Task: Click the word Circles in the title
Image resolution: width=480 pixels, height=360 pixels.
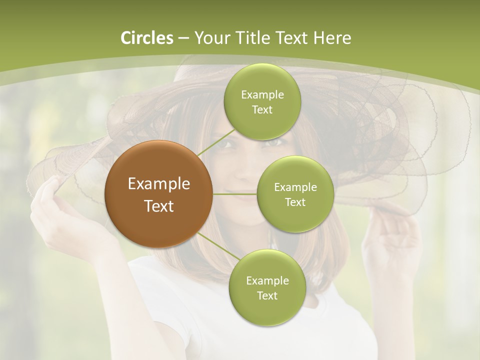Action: (x=147, y=38)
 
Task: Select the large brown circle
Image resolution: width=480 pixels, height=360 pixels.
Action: (x=159, y=194)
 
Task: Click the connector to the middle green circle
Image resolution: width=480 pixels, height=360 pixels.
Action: (x=235, y=194)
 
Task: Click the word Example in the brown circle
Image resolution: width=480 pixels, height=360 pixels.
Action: (x=159, y=184)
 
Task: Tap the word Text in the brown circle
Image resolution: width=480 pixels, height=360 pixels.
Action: (x=159, y=206)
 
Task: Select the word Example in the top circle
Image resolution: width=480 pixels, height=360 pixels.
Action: (x=262, y=95)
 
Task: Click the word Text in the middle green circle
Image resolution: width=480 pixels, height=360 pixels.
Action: (x=295, y=202)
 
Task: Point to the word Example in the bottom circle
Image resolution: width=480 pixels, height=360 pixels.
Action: (x=267, y=281)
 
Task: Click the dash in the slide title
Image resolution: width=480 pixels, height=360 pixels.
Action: (x=183, y=38)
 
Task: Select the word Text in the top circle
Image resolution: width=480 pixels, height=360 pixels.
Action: (x=262, y=110)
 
